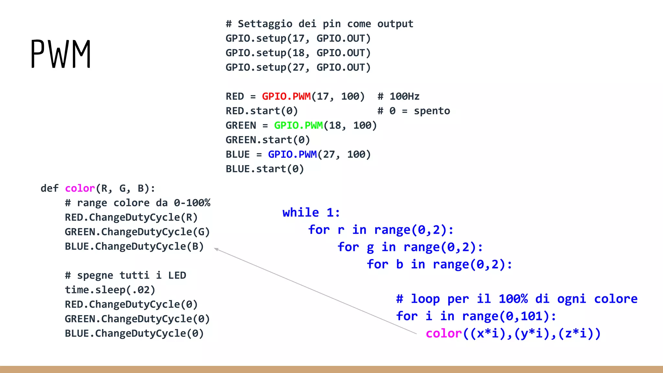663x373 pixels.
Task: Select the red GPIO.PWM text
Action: point(286,96)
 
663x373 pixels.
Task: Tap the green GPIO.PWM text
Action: point(298,126)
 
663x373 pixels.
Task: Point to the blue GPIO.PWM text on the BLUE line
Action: point(292,154)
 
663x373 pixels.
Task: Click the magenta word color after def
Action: point(80,188)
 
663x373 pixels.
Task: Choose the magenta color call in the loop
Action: point(444,333)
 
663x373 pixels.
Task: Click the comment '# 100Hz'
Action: point(398,96)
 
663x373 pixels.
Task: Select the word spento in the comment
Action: point(432,111)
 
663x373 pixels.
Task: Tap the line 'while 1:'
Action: point(311,213)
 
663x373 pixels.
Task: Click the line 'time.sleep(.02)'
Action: point(110,290)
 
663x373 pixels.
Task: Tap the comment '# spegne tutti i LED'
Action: point(125,275)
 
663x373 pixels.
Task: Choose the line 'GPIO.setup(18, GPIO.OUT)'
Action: point(298,53)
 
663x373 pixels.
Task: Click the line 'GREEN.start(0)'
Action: point(268,140)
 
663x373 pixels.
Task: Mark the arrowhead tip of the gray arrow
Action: point(215,249)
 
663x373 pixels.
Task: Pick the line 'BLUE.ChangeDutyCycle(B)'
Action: point(134,246)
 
